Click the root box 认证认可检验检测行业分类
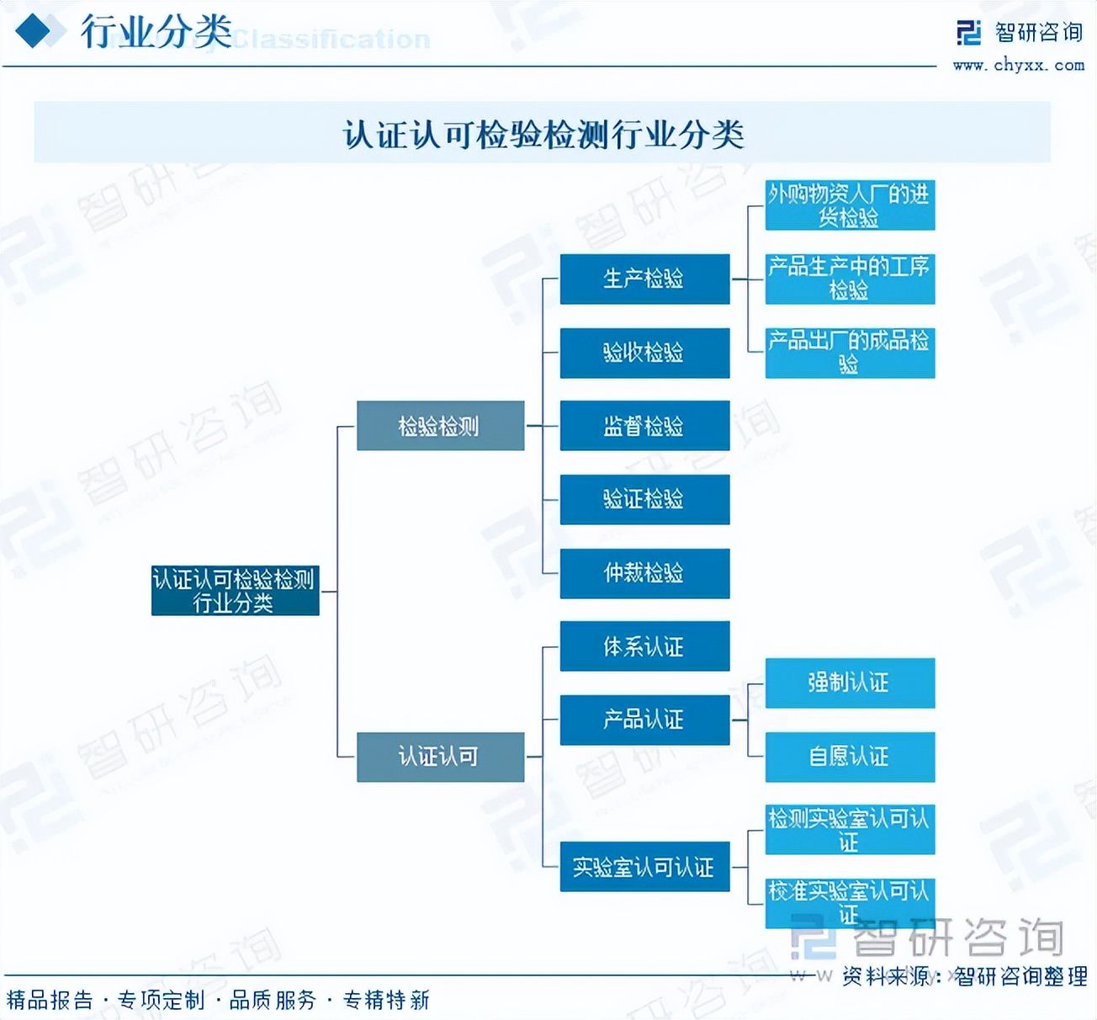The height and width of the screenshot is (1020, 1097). click(235, 590)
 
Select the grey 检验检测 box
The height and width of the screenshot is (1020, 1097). click(440, 426)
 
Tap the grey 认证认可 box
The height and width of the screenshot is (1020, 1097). click(440, 757)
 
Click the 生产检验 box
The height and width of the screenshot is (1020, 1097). click(644, 279)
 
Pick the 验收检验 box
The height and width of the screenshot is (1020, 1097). click(644, 353)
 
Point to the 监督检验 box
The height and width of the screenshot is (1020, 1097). click(644, 426)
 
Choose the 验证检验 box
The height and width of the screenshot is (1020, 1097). click(644, 499)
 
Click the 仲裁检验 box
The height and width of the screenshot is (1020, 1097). click(644, 573)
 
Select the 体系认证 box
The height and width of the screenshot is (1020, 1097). click(644, 646)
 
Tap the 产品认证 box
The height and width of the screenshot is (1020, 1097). click(644, 720)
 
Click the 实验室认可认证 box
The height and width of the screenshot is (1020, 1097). click(644, 867)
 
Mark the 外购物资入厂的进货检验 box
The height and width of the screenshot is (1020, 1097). click(850, 205)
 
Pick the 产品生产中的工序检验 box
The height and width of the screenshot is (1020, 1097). click(850, 279)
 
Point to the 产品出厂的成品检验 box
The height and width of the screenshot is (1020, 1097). click(850, 353)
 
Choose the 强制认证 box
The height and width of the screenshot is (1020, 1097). click(850, 683)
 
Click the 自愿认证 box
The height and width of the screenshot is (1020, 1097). click(850, 757)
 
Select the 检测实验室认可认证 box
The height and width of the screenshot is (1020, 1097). click(850, 830)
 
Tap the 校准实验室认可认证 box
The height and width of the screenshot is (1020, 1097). click(850, 902)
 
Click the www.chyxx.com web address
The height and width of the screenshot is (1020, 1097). click(1018, 65)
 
